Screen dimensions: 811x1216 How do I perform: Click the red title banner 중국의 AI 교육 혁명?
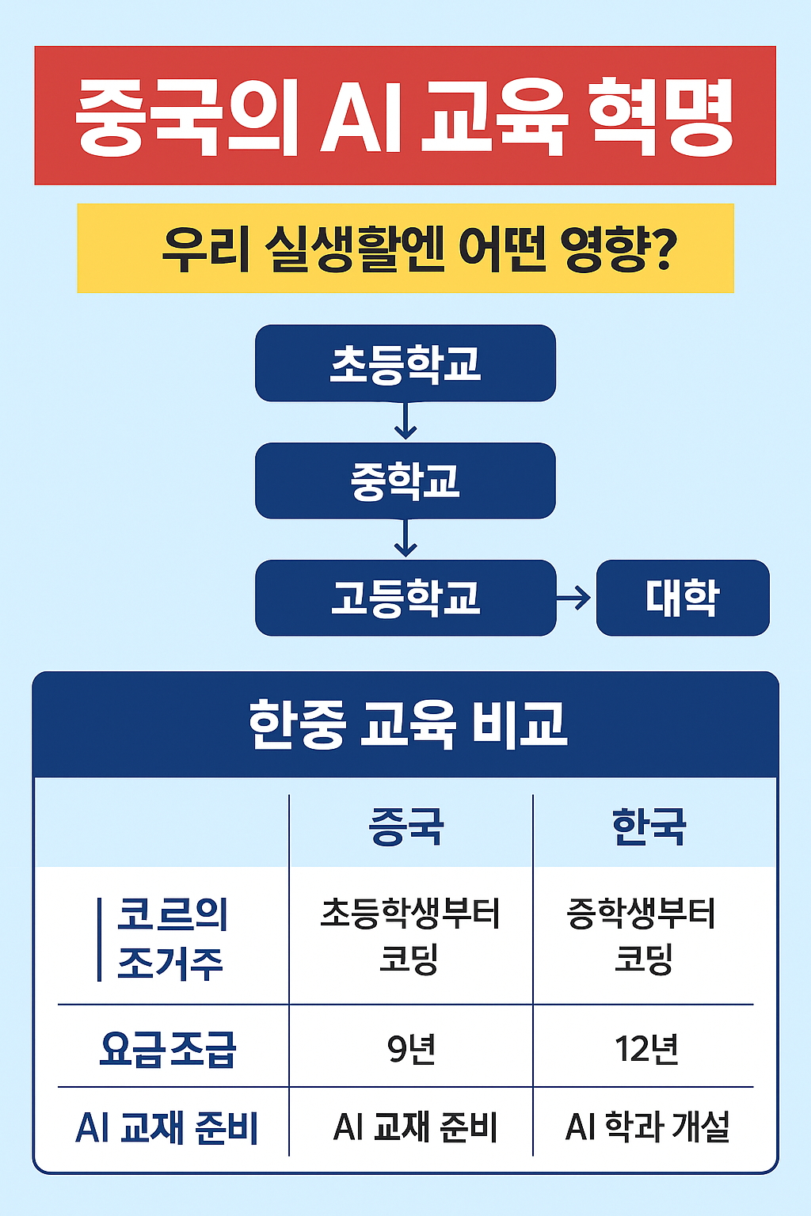(x=405, y=116)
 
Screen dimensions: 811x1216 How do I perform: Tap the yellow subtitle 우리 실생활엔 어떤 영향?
(x=405, y=249)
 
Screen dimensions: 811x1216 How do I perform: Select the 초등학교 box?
(x=405, y=363)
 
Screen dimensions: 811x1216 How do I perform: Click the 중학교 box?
(x=405, y=481)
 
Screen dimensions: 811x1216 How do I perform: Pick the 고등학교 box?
(x=405, y=598)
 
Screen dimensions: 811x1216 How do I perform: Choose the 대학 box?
(x=682, y=598)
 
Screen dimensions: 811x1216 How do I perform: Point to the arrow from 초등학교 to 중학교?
(x=405, y=421)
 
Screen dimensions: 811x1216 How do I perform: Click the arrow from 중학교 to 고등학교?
(x=405, y=539)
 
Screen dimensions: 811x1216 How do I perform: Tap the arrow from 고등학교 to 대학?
(x=575, y=598)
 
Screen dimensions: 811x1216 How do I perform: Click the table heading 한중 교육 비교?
(x=407, y=724)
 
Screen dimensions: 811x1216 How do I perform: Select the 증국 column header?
(x=407, y=826)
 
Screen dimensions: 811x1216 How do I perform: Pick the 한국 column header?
(x=649, y=826)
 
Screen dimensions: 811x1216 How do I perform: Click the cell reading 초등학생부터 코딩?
(x=409, y=936)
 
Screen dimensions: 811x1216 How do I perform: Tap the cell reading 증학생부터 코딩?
(x=642, y=936)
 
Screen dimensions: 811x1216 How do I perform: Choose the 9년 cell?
(x=411, y=1049)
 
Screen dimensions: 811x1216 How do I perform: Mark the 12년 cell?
(x=646, y=1049)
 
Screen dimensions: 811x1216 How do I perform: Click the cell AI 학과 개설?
(x=647, y=1127)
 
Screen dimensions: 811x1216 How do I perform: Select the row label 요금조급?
(x=168, y=1049)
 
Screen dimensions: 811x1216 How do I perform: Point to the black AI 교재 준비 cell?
(x=415, y=1127)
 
